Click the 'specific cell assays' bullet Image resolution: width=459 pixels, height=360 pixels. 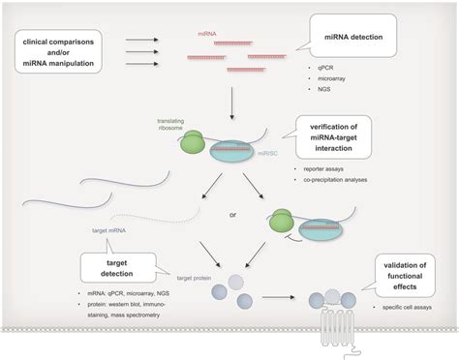(x=398, y=303)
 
